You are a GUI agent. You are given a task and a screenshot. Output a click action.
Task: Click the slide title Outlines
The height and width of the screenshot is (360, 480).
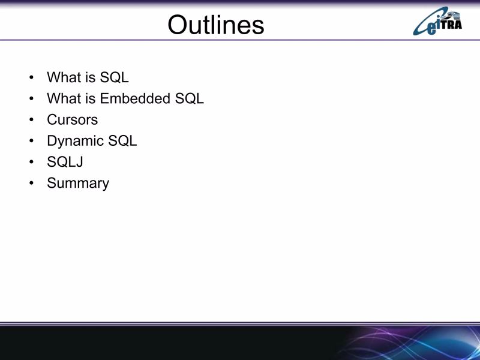click(215, 25)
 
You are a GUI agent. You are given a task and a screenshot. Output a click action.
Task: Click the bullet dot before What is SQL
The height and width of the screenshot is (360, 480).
click(31, 78)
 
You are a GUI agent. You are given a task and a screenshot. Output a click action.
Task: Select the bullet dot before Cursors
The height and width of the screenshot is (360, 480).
click(31, 120)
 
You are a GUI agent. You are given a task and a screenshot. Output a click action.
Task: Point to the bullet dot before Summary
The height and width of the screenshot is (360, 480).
click(31, 184)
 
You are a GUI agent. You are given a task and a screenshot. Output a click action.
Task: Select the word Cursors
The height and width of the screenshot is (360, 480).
click(72, 119)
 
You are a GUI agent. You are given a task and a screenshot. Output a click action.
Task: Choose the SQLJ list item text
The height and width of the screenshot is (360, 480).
click(65, 162)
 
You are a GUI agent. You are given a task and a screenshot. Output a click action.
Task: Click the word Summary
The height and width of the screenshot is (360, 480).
click(78, 183)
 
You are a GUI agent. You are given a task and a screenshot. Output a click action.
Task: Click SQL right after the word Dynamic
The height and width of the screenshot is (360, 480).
click(122, 141)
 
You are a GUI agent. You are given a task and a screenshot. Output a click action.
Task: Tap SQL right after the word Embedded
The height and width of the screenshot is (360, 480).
click(190, 98)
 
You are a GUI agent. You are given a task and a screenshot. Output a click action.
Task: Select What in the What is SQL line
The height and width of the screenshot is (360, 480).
click(63, 77)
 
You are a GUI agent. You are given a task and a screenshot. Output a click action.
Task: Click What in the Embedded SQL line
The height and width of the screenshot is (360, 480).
click(63, 98)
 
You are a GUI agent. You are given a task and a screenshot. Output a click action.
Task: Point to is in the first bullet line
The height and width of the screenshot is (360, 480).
click(89, 77)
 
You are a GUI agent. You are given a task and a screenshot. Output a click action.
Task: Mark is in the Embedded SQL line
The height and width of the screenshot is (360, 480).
click(89, 98)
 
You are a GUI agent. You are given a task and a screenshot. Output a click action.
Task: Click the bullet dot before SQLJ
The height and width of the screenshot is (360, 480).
click(31, 163)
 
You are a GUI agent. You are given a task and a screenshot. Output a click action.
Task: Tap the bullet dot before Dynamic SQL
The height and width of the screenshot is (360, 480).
click(31, 142)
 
